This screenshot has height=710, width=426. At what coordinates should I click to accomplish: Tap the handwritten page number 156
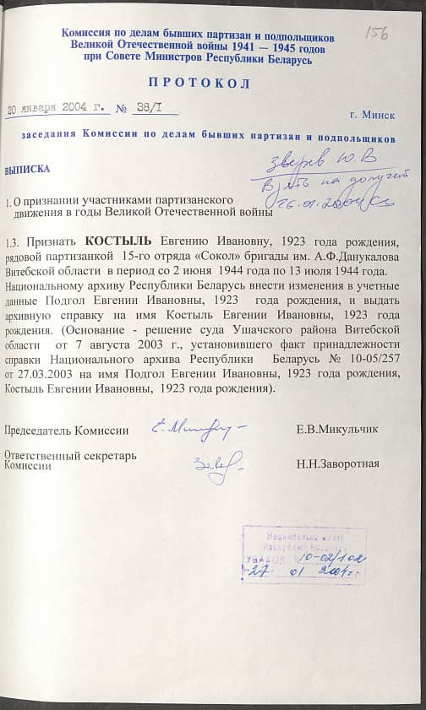pos(375,31)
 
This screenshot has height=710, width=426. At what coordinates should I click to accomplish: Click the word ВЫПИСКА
pos(27,169)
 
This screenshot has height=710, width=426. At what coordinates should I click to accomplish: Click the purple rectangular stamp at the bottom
pos(304,555)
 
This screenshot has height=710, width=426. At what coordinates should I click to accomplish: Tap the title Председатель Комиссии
pos(66,431)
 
